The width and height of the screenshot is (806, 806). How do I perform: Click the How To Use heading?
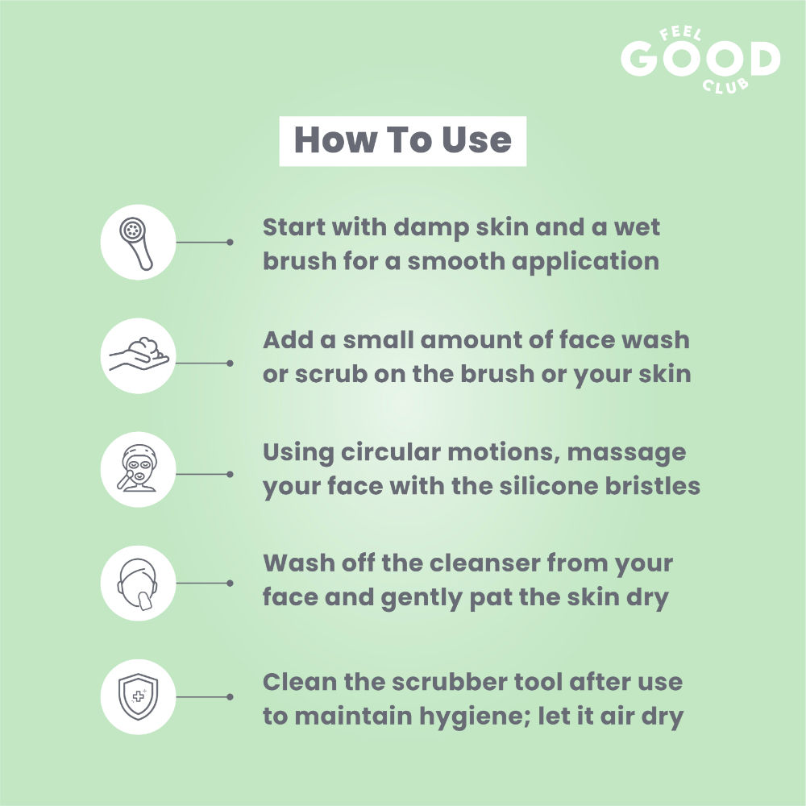[x=402, y=139]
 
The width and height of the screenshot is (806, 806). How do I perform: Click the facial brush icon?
[x=136, y=243]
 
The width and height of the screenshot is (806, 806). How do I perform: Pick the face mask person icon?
[x=137, y=467]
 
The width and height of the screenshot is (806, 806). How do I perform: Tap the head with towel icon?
[x=138, y=584]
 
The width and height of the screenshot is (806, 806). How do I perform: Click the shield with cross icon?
[x=139, y=697]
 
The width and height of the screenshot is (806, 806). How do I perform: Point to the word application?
[x=585, y=262]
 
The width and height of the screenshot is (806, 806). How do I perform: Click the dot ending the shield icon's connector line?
[x=230, y=697]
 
